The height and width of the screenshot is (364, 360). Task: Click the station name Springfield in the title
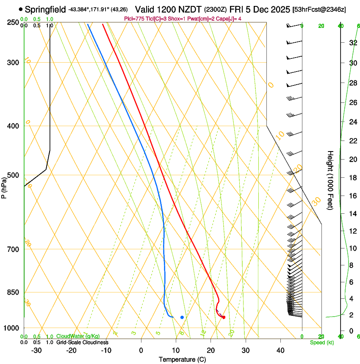coord(45,9)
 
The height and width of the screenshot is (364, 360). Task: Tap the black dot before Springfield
coord(21,9)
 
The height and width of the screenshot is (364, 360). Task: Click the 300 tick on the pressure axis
coord(13,63)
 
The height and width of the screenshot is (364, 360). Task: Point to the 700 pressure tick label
coord(13,249)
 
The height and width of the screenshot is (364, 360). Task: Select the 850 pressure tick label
coord(13,292)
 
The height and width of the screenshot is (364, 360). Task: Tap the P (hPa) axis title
coord(4,186)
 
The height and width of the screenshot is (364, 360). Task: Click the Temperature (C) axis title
coord(182,359)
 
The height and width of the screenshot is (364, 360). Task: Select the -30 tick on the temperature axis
coord(36,350)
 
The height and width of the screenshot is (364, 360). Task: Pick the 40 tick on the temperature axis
coord(280,350)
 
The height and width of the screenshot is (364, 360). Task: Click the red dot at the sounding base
coord(224,317)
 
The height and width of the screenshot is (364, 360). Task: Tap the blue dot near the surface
coord(182,317)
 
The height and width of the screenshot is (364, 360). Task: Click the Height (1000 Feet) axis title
coord(330,180)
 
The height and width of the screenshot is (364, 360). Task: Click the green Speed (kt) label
coord(321,342)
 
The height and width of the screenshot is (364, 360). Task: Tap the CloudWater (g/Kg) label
coord(78,336)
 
